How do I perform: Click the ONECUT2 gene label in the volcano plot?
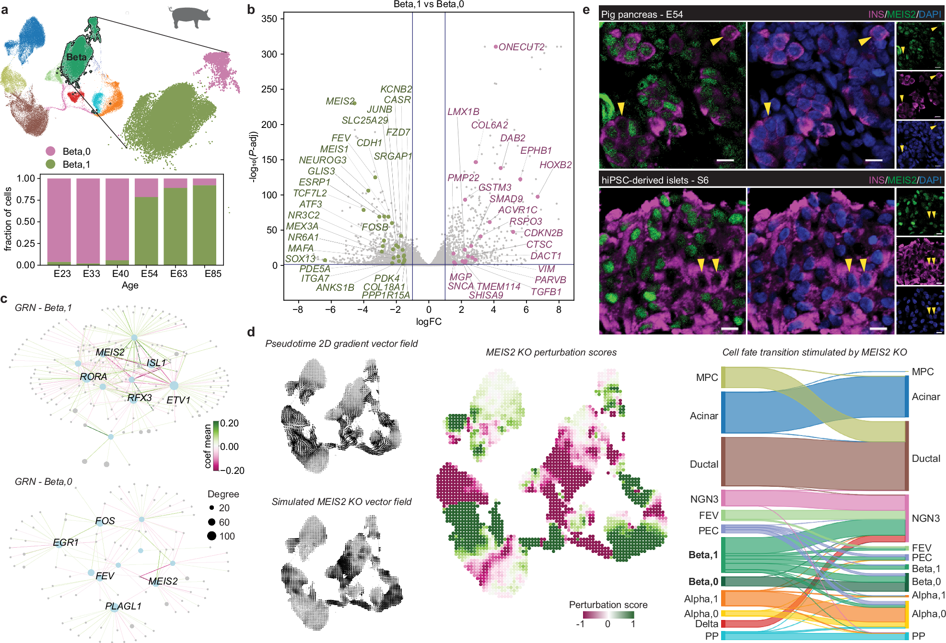click(x=521, y=47)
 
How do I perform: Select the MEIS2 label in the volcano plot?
click(x=339, y=101)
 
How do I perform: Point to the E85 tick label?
click(x=213, y=274)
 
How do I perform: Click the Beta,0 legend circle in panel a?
click(x=50, y=151)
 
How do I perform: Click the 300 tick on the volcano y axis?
click(x=269, y=54)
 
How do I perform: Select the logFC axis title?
click(x=428, y=321)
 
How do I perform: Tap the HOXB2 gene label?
click(x=555, y=165)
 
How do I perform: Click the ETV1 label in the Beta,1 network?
click(x=178, y=400)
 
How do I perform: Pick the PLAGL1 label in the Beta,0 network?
click(x=123, y=606)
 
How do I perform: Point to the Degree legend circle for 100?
click(x=212, y=536)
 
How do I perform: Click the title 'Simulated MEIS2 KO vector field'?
click(x=341, y=502)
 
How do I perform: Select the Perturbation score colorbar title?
click(x=607, y=605)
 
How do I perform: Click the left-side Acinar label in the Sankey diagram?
click(x=703, y=416)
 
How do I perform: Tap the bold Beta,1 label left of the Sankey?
click(x=703, y=555)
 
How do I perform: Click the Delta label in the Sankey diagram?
click(x=706, y=624)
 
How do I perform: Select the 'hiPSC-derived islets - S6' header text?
click(x=654, y=180)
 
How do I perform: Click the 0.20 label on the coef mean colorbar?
click(x=229, y=423)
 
